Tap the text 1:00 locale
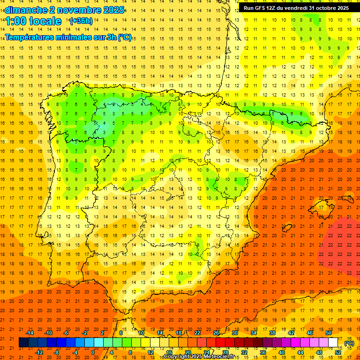click(34, 21)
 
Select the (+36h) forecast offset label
click(81, 21)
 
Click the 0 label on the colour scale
click(93, 352)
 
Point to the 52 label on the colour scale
click(338, 352)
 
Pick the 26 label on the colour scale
click(216, 333)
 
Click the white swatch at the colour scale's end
click(333, 343)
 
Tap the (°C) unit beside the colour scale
click(349, 343)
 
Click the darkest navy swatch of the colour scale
click(23, 343)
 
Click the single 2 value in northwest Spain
click(113, 104)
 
